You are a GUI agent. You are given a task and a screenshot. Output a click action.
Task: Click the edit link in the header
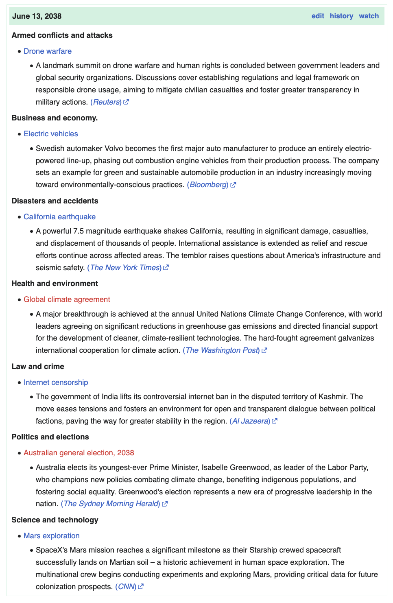[318, 16]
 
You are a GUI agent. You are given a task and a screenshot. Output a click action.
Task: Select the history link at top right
[341, 16]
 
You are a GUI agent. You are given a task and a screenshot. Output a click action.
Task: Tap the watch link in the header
[369, 16]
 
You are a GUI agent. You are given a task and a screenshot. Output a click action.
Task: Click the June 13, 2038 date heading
[37, 16]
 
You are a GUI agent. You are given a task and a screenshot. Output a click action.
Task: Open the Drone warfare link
[48, 51]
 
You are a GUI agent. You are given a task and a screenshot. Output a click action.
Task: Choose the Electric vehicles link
[51, 134]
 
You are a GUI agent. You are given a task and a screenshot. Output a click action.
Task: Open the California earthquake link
[60, 217]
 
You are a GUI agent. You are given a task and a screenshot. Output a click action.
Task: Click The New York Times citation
[125, 268]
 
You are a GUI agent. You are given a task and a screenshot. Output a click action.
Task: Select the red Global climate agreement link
[67, 299]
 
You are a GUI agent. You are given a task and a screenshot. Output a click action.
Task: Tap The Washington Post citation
[222, 350]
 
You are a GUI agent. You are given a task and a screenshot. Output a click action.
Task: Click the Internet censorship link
[56, 382]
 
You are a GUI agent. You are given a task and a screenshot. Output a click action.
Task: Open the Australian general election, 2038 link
[79, 453]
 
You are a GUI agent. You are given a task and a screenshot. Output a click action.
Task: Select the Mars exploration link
[52, 536]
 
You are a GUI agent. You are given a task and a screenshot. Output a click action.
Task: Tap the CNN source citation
[126, 587]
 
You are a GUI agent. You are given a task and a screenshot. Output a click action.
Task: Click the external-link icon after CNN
[141, 587]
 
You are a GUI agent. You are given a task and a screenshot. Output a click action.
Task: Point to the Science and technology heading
[55, 520]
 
